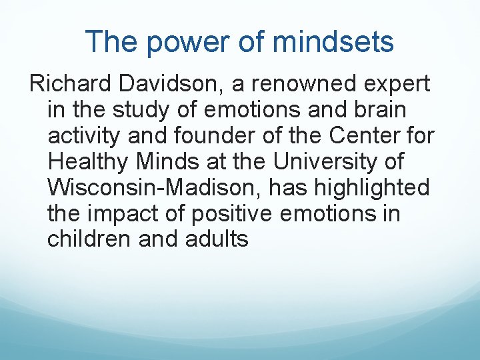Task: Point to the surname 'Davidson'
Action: (x=173, y=85)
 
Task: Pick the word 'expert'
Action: (x=397, y=85)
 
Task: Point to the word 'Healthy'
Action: (x=89, y=162)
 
